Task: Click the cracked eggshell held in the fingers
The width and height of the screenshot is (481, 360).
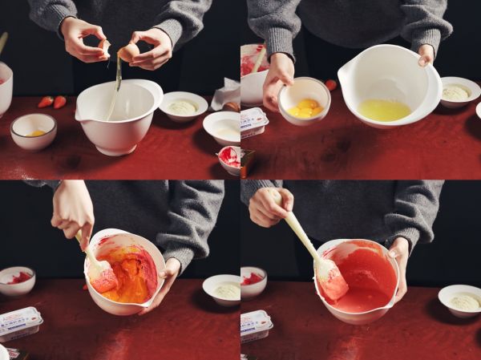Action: click(x=128, y=53)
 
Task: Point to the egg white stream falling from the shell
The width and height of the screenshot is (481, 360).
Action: click(x=117, y=80)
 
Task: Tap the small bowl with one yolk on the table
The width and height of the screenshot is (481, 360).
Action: click(x=34, y=131)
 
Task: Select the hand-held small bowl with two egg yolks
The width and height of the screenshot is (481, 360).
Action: click(x=304, y=101)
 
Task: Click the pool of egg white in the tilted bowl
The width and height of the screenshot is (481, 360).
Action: click(x=383, y=110)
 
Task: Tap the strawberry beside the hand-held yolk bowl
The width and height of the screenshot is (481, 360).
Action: click(x=330, y=84)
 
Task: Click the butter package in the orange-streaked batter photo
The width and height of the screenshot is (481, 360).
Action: click(x=20, y=322)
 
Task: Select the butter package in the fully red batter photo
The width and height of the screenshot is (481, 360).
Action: click(x=256, y=325)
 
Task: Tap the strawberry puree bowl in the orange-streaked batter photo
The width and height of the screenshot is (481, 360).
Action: click(x=16, y=280)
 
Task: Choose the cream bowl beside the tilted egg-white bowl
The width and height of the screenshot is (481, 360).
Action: click(x=459, y=94)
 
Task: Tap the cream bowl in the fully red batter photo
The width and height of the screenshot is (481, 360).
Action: click(x=459, y=301)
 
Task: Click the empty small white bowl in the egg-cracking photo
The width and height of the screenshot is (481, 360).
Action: click(x=222, y=127)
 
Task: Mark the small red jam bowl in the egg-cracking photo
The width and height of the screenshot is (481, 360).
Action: click(x=230, y=158)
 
